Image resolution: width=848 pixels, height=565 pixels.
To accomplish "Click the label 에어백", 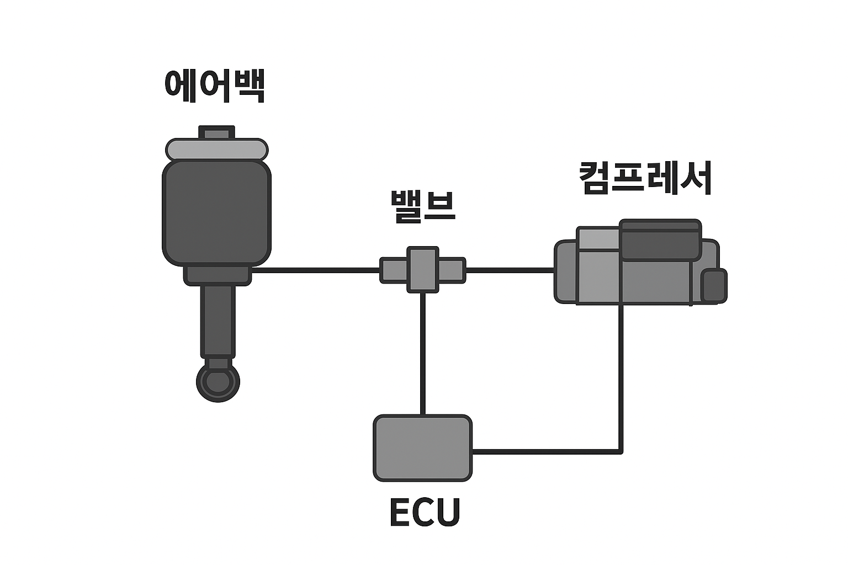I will click(x=215, y=86).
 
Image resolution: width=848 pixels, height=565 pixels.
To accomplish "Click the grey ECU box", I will click(x=423, y=447).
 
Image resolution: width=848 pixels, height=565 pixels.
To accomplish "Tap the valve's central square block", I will click(x=423, y=269).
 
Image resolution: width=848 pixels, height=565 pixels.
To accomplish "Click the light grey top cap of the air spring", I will click(x=217, y=150).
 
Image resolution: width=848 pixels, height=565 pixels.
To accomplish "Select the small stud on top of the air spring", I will click(x=216, y=132).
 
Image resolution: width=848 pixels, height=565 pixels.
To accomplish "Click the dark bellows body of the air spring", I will click(x=216, y=212).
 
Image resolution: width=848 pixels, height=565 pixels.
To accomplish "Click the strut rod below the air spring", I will click(x=219, y=320).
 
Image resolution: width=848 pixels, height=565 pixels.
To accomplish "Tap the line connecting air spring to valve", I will click(x=315, y=270).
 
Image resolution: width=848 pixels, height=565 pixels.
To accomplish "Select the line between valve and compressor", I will click(x=510, y=270).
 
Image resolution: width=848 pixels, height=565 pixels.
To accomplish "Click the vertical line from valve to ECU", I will click(x=423, y=353).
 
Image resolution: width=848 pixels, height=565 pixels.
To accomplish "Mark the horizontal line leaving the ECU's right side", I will click(x=547, y=452).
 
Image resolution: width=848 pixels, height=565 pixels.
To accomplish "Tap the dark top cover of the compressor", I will click(x=660, y=239).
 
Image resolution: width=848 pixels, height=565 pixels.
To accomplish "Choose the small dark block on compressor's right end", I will click(x=714, y=285).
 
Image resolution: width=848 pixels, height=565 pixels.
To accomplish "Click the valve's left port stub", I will click(x=394, y=270).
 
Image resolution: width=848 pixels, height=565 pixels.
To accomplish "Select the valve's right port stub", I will click(x=452, y=270).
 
